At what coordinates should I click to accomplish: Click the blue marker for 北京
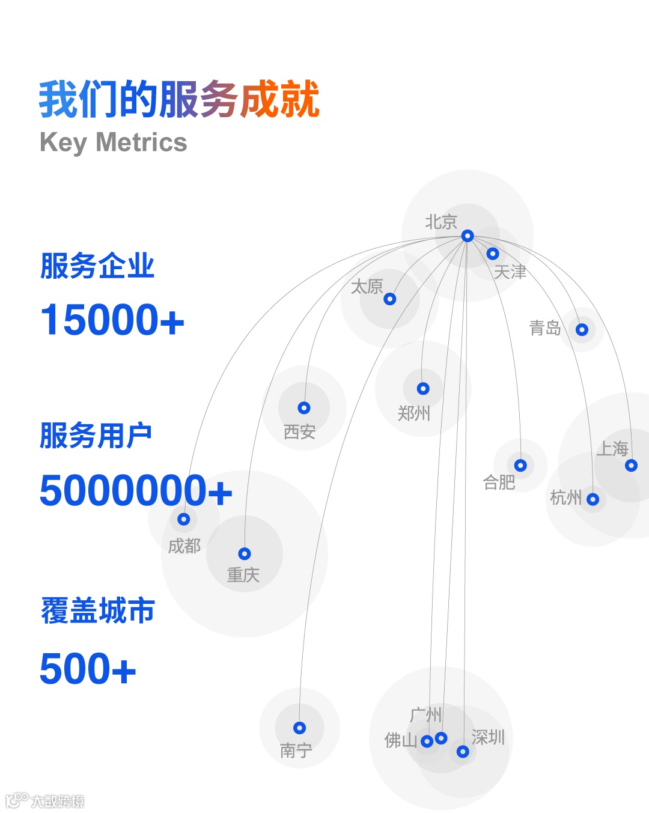(468, 236)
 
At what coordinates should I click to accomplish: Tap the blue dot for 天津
(493, 254)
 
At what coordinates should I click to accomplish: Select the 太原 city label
(367, 287)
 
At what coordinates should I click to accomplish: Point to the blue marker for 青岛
(582, 329)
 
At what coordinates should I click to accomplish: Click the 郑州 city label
(414, 413)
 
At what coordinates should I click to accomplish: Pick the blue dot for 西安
(304, 408)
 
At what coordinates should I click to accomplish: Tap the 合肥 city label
(499, 482)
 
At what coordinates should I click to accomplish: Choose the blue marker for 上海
(631, 465)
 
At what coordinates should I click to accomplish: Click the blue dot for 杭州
(593, 499)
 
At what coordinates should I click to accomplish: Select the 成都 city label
(184, 546)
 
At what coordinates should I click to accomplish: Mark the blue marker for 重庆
(245, 553)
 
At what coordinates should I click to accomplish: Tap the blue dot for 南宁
(299, 728)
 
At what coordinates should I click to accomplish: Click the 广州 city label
(425, 715)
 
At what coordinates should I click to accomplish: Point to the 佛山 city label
(400, 740)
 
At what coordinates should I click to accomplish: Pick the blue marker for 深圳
(463, 751)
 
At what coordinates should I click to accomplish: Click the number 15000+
(112, 320)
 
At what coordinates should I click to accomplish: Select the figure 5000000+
(136, 490)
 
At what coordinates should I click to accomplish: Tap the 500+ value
(88, 669)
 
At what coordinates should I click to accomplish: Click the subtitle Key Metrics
(113, 143)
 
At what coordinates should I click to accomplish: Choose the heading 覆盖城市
(98, 611)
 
